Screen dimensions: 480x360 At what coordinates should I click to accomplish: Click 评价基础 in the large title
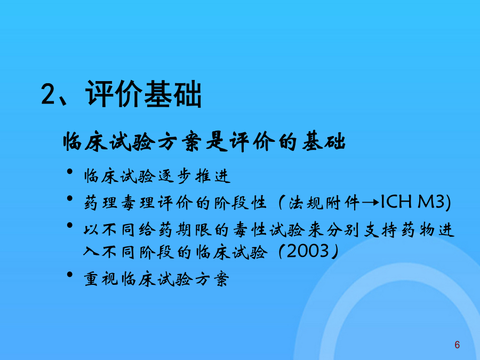[x=143, y=94]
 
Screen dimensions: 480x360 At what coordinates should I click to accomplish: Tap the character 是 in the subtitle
[x=217, y=142]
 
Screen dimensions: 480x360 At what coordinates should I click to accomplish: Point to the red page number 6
[x=457, y=345]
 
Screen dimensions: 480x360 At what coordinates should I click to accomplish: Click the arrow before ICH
[x=371, y=202]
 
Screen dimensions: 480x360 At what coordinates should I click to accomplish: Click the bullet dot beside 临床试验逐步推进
[x=70, y=171]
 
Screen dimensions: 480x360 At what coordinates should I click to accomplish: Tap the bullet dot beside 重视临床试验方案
[x=70, y=274]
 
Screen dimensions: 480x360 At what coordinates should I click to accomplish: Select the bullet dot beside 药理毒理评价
[x=70, y=198]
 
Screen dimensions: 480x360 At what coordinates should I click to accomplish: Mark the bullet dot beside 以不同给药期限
[x=70, y=226]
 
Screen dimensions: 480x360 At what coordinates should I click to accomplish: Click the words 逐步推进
[x=194, y=176]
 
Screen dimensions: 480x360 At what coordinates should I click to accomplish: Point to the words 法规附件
[x=324, y=203]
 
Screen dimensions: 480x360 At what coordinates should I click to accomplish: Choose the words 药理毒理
[x=119, y=203]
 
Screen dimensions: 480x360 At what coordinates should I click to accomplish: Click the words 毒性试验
[x=269, y=230]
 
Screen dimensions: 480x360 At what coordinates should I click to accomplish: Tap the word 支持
[x=380, y=230]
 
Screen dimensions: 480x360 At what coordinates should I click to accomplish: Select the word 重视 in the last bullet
[x=101, y=279]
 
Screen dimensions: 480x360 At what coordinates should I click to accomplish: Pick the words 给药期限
[x=175, y=230]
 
